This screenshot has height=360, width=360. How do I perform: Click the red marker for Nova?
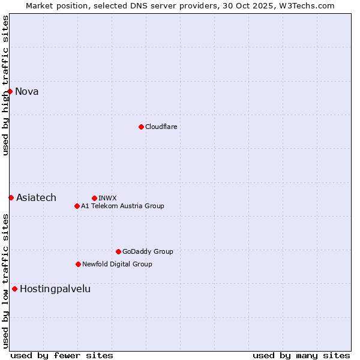tap(10, 91)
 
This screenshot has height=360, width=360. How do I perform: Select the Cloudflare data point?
tap(141, 127)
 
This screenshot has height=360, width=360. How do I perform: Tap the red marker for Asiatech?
tap(11, 197)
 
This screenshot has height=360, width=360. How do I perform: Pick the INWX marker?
tap(94, 198)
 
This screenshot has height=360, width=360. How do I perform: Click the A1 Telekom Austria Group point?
tap(77, 206)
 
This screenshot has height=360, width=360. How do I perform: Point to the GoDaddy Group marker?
tap(118, 251)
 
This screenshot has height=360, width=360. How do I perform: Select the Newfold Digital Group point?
tap(78, 264)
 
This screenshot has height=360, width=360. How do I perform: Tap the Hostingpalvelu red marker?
tap(14, 289)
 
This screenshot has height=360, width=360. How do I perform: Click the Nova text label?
tap(27, 91)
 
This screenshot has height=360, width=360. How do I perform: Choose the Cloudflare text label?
tap(161, 127)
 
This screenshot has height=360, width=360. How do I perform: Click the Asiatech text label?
tap(36, 197)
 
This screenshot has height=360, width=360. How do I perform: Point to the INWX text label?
tap(107, 198)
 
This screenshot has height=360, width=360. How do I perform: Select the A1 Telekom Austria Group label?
tap(122, 206)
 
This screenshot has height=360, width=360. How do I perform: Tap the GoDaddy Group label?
tap(148, 251)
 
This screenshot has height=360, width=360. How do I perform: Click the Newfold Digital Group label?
tap(117, 264)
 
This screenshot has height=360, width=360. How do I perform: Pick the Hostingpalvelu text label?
tap(55, 289)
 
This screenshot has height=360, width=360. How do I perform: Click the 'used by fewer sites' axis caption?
tap(62, 355)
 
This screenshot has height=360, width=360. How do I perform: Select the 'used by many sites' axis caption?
tap(301, 355)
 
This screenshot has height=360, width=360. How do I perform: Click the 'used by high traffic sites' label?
tap(5, 85)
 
